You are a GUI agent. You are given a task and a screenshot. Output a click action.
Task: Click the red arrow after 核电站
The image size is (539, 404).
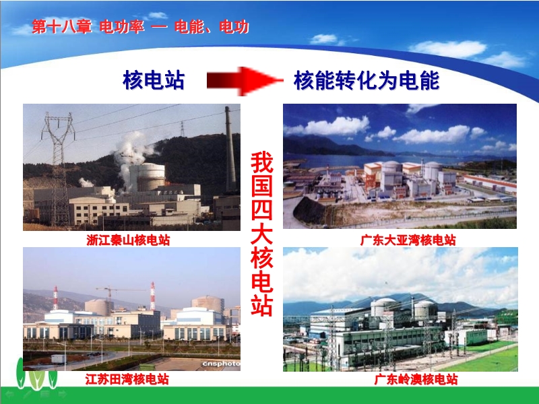click(x=245, y=81)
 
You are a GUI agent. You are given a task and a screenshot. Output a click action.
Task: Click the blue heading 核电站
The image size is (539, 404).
click(x=154, y=80)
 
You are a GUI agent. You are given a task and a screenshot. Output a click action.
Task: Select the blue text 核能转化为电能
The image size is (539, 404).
click(x=367, y=80)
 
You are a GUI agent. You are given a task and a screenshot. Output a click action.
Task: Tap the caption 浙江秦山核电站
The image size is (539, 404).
click(x=128, y=240)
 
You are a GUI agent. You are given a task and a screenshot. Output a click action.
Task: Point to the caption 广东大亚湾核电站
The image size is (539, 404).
click(x=408, y=240)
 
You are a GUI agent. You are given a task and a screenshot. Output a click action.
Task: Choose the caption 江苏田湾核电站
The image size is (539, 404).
click(x=127, y=379)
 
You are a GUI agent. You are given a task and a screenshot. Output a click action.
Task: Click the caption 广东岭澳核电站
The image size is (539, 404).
click(x=416, y=380)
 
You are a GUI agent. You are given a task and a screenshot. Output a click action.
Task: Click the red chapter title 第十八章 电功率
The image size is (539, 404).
click(x=88, y=27)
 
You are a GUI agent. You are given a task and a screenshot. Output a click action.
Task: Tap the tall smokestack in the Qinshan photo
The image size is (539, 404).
click(x=230, y=149)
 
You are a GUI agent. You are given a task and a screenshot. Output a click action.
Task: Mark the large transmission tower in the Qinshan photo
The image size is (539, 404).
click(x=59, y=168)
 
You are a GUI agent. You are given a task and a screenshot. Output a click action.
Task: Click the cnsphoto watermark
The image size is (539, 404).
click(x=221, y=364)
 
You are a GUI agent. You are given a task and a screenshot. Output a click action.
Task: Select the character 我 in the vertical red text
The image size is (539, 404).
click(x=261, y=162)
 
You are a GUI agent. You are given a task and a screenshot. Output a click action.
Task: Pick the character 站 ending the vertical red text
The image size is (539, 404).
click(x=261, y=304)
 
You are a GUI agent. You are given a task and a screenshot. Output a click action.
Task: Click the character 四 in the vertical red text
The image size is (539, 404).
click(x=261, y=209)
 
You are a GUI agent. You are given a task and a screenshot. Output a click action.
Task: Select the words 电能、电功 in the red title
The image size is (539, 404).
click(x=212, y=27)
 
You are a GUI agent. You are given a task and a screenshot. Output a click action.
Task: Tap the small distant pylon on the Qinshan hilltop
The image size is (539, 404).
click(x=182, y=129)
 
